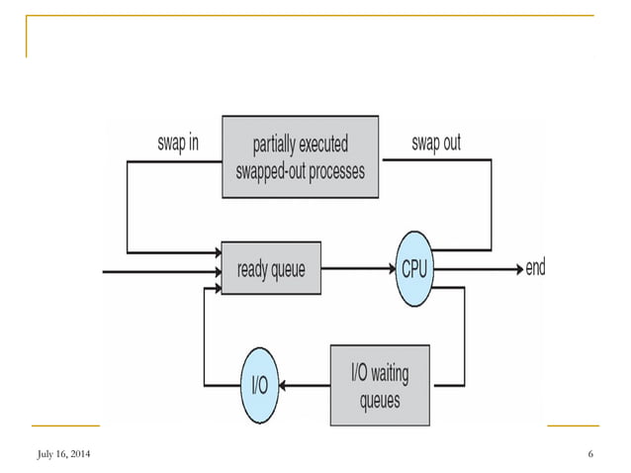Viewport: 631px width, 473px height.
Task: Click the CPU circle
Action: click(413, 268)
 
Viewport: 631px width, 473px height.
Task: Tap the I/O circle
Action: click(260, 385)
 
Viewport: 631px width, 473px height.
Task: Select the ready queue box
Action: click(271, 268)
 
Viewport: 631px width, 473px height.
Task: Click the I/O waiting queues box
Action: click(379, 385)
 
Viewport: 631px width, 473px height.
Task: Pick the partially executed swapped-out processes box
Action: click(300, 157)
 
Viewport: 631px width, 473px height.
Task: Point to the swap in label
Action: click(178, 143)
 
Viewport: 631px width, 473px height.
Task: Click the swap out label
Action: click(436, 143)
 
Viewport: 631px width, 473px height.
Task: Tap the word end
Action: click(535, 268)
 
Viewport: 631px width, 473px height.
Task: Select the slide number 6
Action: click(589, 454)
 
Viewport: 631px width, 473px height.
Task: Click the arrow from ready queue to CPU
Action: click(356, 268)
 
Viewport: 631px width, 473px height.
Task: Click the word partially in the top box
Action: click(273, 144)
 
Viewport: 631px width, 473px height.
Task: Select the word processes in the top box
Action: click(333, 170)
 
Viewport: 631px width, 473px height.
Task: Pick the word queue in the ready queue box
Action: click(288, 269)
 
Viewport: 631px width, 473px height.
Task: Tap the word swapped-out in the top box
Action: click(266, 170)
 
